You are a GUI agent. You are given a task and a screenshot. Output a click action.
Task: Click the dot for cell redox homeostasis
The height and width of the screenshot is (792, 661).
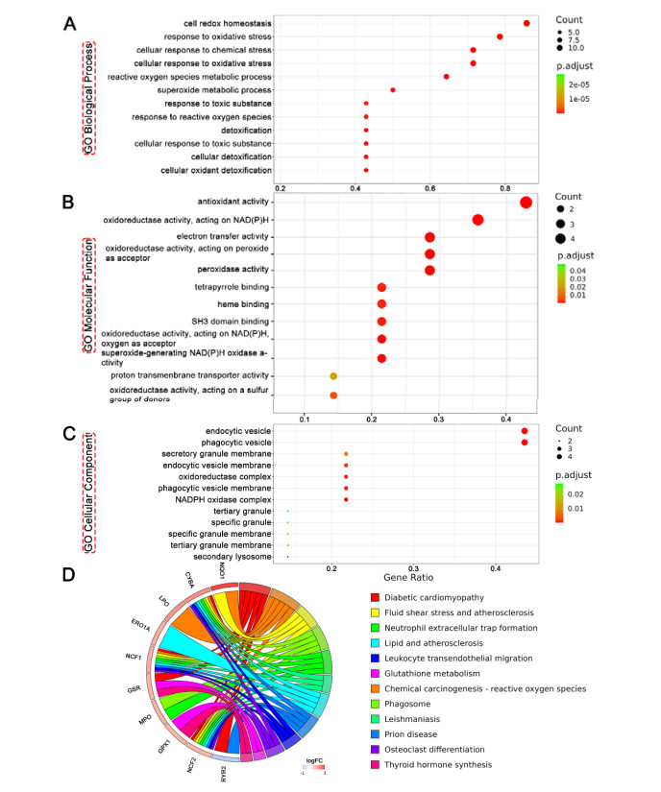[x=526, y=23]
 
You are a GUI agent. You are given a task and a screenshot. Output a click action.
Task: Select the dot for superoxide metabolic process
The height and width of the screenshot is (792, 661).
[x=392, y=90]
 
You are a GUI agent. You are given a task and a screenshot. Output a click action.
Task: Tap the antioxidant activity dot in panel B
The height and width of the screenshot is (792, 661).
[x=526, y=203]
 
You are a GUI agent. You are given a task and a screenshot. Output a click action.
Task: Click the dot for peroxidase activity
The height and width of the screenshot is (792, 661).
[x=429, y=270]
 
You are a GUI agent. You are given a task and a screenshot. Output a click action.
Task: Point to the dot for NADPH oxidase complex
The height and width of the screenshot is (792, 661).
[x=346, y=499]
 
